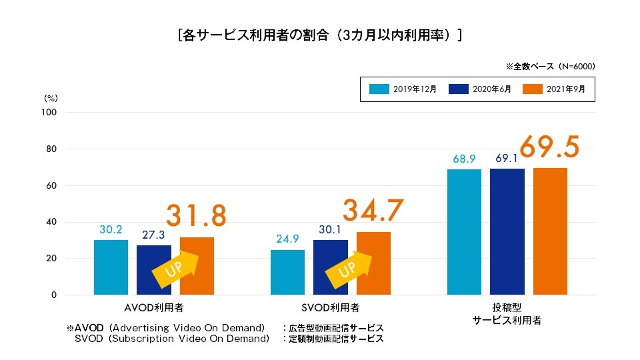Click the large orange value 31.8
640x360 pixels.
tap(196, 215)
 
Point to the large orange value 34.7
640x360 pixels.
tap(373, 210)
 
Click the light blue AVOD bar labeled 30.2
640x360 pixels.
tap(111, 267)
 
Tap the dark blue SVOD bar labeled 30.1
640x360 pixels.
tap(331, 267)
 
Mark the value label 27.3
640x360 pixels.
tap(154, 235)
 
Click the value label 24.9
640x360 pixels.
tap(287, 239)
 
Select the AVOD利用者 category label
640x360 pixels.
tap(154, 308)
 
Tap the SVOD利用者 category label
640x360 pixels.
tap(331, 308)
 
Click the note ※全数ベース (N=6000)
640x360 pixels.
tap(550, 67)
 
